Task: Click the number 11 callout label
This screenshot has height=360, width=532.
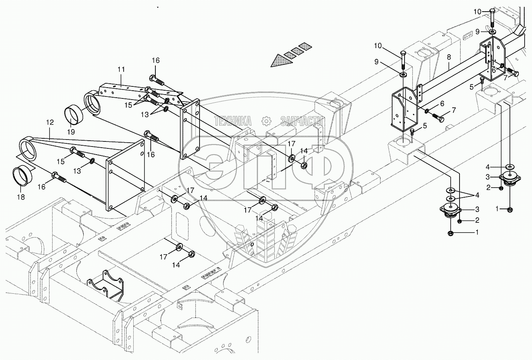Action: [121, 69]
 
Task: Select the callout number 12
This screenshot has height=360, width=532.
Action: [50, 122]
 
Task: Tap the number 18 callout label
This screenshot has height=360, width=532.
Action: [21, 197]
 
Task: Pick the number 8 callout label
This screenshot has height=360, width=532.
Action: [449, 57]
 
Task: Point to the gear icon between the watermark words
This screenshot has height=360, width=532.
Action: [266, 121]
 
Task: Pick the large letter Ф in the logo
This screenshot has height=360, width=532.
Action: [314, 165]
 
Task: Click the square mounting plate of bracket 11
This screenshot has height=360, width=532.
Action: [190, 128]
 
